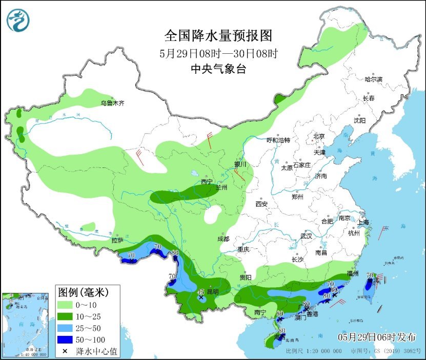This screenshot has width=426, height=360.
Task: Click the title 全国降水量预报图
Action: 217,36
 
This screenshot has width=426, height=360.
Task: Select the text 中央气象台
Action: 217,69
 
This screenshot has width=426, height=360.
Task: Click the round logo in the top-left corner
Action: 18,20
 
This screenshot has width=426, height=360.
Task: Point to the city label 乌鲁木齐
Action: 112,103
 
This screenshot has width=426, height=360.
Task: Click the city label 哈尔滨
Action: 374,79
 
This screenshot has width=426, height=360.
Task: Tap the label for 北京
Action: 319,136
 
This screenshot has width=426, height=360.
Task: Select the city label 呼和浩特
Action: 278,140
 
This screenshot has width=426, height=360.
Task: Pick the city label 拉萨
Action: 117,240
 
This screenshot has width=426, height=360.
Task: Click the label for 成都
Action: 223,239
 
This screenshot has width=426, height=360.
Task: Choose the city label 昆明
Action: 211,292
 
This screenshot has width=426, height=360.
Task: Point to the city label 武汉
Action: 307,236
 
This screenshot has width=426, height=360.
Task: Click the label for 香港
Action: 312,314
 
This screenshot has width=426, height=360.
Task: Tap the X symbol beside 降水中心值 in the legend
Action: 66,351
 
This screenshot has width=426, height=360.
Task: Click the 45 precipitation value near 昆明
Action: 201,292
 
